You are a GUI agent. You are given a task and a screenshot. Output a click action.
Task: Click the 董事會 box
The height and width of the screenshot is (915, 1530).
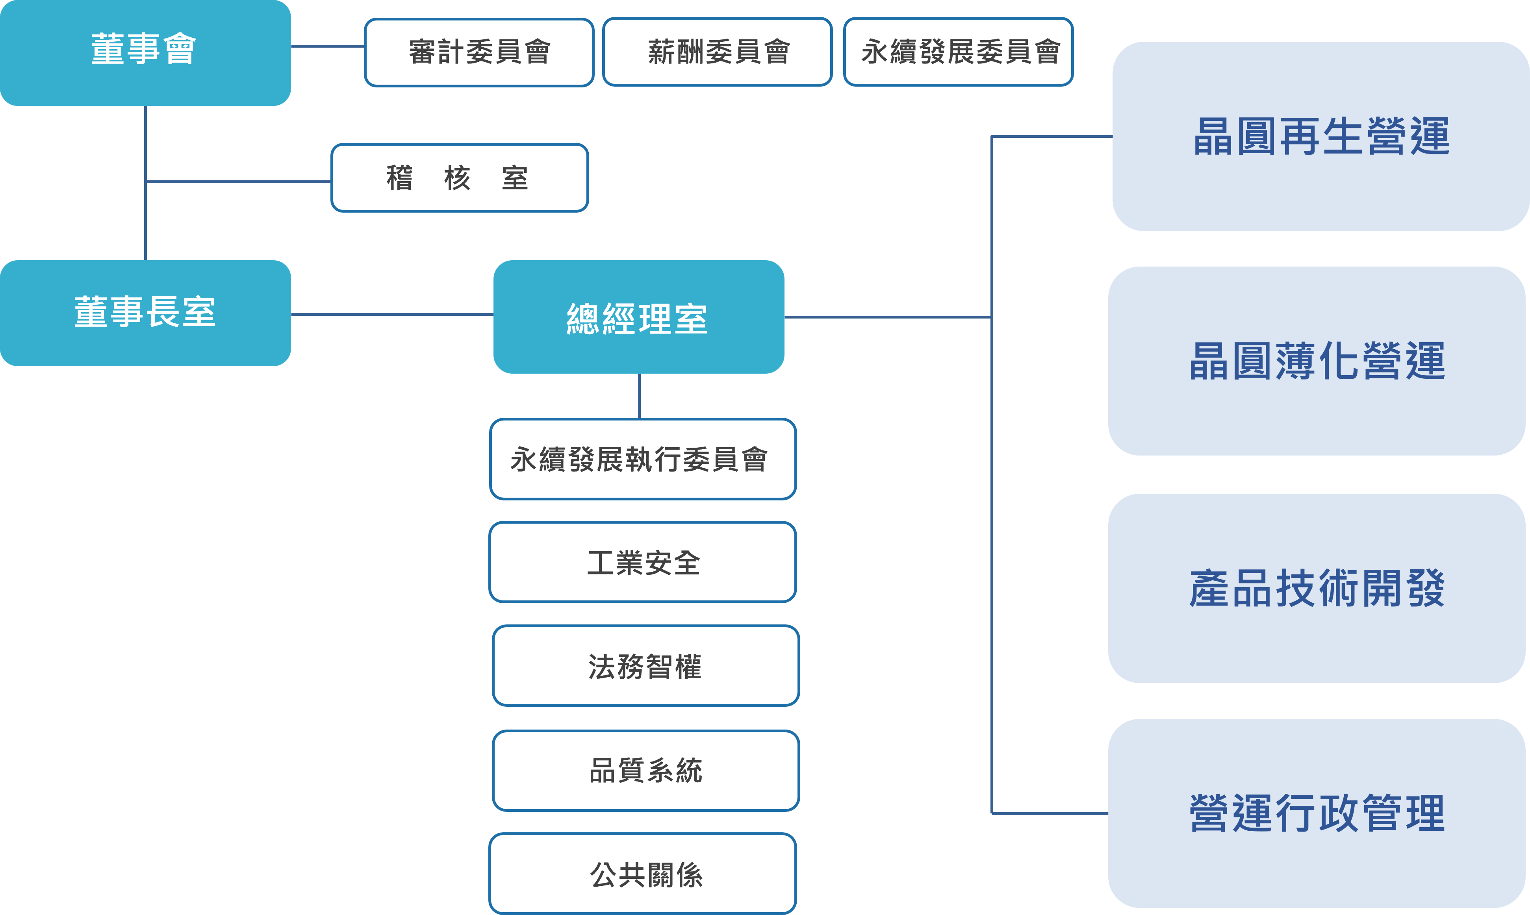(x=145, y=52)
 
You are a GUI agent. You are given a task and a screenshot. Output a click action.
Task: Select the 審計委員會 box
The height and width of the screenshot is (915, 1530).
(x=478, y=52)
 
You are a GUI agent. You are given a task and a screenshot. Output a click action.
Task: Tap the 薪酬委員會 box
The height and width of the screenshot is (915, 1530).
(x=717, y=52)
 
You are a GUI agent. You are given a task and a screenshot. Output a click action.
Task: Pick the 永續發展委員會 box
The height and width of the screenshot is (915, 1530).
(x=958, y=52)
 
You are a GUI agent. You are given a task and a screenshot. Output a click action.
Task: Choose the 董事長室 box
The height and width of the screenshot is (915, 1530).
(x=145, y=313)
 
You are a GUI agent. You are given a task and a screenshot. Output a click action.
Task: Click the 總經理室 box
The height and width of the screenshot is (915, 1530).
(x=638, y=317)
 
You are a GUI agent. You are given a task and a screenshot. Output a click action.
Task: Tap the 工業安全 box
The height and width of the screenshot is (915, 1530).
(x=643, y=562)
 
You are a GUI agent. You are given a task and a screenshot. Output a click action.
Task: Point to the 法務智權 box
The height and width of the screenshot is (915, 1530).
(x=645, y=666)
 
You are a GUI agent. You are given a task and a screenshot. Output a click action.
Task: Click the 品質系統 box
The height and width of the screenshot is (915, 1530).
(x=645, y=771)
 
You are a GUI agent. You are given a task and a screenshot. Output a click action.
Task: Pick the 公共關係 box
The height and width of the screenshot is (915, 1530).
(x=643, y=874)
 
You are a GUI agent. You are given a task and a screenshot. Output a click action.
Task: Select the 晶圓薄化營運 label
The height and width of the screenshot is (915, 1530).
(x=1317, y=361)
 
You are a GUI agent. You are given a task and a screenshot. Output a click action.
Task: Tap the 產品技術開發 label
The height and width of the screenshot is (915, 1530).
(x=1317, y=588)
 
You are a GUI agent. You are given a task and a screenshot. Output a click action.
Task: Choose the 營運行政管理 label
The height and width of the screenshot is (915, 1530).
(x=1317, y=813)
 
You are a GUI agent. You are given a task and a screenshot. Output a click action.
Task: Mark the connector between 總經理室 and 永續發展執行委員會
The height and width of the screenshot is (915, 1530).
(x=640, y=396)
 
